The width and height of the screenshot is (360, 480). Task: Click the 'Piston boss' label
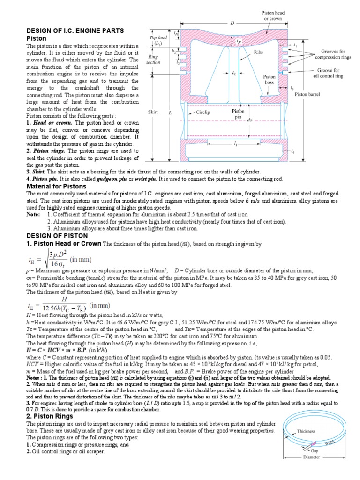pos(269,79)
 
